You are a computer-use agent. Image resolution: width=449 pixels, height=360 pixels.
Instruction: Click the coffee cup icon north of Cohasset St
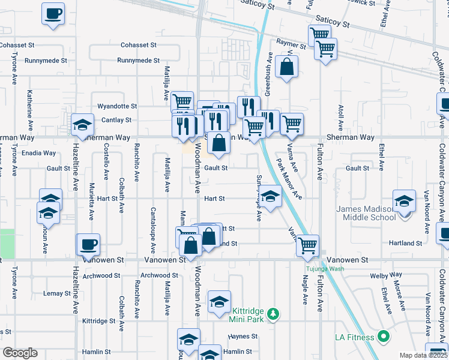pos(53,13)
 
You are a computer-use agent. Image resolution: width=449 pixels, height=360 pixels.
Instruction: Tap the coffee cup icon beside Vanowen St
pos(88,244)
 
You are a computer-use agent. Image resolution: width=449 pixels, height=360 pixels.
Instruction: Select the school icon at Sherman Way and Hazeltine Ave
pos(83,124)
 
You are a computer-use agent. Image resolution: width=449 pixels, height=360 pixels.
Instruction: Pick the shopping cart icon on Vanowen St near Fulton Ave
pos(307,245)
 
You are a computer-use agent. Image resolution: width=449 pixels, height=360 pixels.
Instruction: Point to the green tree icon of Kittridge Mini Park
pos(273,313)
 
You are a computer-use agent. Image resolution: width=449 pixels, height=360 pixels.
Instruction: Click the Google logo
pos(20,353)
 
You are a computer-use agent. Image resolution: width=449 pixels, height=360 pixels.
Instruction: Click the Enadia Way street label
pos(38,153)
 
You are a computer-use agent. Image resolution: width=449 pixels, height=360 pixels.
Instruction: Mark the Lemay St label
pos(57,293)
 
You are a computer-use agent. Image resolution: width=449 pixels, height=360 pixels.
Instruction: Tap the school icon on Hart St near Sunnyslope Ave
pos(270,196)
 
